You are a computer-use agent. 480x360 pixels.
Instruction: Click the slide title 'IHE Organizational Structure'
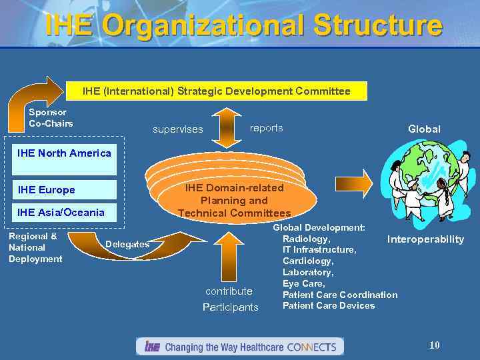pyautogui.click(x=243, y=26)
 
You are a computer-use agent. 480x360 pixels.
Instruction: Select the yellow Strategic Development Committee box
pyautogui.click(x=217, y=91)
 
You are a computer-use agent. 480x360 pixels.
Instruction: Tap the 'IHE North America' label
pyautogui.click(x=64, y=153)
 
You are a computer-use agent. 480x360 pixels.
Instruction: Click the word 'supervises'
pyautogui.click(x=178, y=129)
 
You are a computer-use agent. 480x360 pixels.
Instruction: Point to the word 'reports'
pyautogui.click(x=266, y=128)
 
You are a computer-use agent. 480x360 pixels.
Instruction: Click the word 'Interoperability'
pyautogui.click(x=425, y=239)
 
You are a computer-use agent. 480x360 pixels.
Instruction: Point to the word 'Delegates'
pyautogui.click(x=127, y=245)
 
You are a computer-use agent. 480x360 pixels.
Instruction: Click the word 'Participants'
pyautogui.click(x=231, y=307)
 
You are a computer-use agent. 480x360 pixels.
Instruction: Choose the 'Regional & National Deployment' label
pyautogui.click(x=35, y=247)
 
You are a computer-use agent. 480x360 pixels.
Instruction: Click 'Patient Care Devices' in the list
pyautogui.click(x=329, y=306)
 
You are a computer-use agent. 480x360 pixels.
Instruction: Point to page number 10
pyautogui.click(x=435, y=345)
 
